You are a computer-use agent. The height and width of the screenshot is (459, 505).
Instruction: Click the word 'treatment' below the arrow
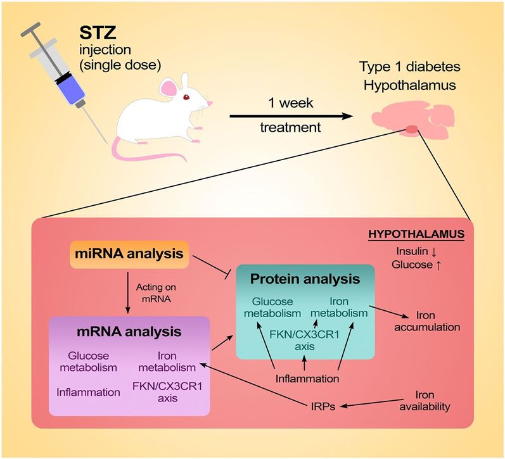click(x=290, y=129)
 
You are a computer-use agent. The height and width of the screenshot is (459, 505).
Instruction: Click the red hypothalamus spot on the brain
click(x=412, y=130)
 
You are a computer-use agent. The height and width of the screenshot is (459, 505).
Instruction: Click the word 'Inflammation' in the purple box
click(x=88, y=392)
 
